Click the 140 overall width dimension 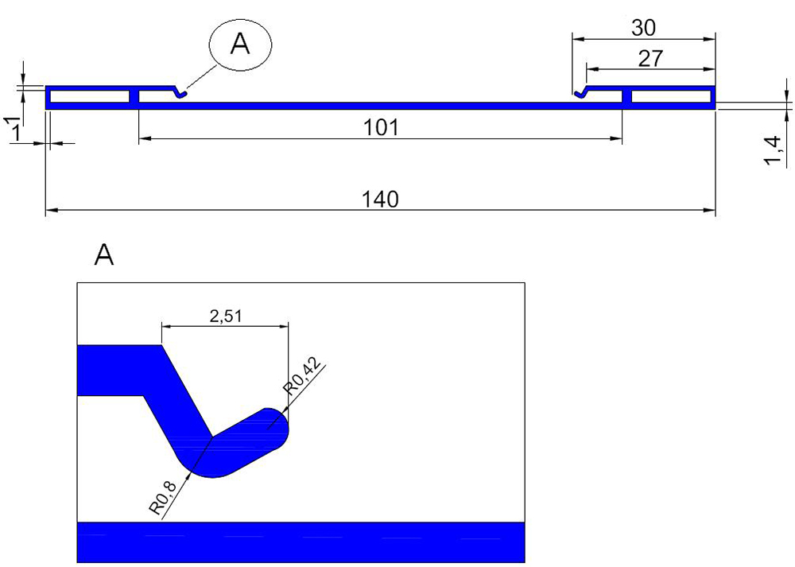(x=380, y=200)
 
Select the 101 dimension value (x=381, y=127)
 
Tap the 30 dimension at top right (x=643, y=28)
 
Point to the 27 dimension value (x=650, y=58)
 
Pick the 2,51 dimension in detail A (x=226, y=317)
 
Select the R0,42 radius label (x=302, y=376)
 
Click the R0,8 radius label (x=164, y=499)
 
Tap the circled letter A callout (x=240, y=45)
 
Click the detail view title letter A (x=104, y=255)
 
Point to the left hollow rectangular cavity (x=90, y=96)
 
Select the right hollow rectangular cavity (x=671, y=96)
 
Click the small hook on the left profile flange (x=180, y=93)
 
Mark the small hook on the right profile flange (x=581, y=93)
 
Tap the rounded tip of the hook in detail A (x=277, y=427)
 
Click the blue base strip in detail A (x=301, y=542)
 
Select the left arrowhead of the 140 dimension (x=51, y=209)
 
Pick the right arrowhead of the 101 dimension (x=617, y=138)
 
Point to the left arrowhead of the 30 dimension (x=579, y=39)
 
